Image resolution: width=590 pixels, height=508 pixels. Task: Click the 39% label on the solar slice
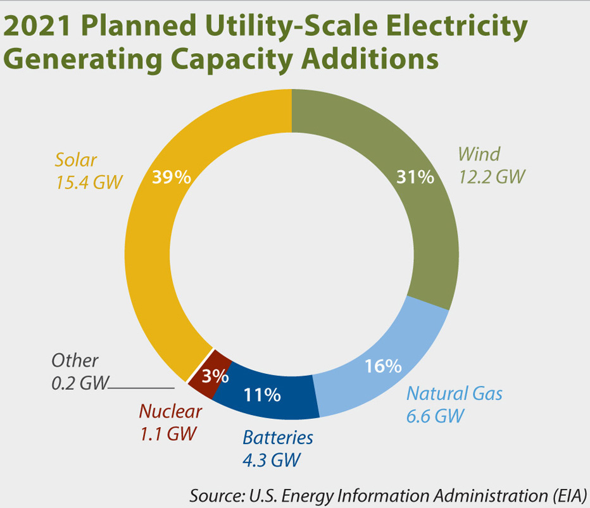[x=172, y=177]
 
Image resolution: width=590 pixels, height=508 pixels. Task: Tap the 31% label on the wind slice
[x=415, y=177]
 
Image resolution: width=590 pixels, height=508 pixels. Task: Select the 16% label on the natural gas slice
[x=384, y=366]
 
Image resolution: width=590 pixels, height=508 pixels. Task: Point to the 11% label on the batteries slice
[x=262, y=395]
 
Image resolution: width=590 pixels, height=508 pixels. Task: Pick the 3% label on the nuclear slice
[x=215, y=376]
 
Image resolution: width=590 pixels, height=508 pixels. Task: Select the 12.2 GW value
[x=492, y=177]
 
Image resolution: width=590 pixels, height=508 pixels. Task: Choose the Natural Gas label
[x=454, y=393]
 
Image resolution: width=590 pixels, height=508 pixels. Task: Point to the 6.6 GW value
[x=436, y=416]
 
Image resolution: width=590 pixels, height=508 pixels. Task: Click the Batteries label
[x=278, y=437]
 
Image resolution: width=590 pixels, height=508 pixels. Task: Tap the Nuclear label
[x=170, y=411]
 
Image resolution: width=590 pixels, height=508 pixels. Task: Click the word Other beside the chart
[x=75, y=361]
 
